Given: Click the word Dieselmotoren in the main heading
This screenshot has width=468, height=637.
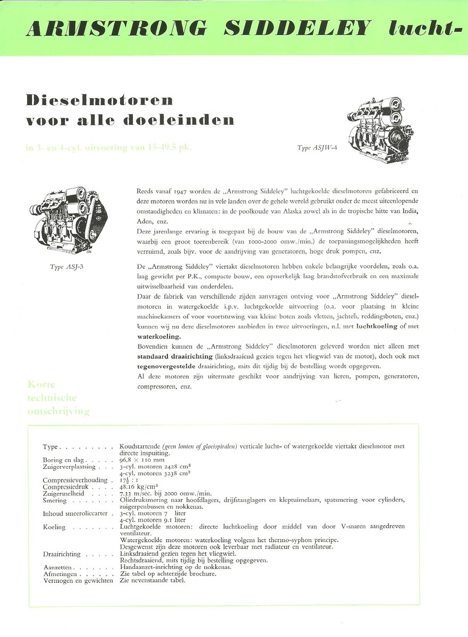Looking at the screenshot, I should point(99,100).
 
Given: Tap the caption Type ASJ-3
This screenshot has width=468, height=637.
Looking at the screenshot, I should point(66,266).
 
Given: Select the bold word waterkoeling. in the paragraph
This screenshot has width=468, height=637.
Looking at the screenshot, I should point(159,336).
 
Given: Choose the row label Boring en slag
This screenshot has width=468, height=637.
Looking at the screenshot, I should point(67,460).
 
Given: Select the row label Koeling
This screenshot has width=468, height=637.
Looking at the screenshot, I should point(54,527).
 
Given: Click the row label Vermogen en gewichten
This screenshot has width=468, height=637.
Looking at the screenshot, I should point(78,581).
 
